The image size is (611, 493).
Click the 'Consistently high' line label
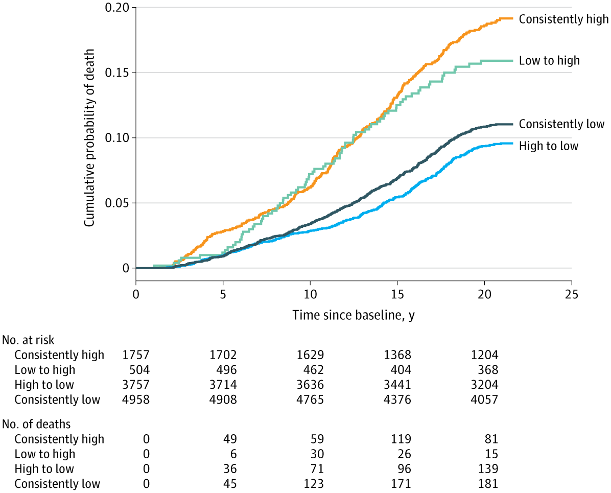563,19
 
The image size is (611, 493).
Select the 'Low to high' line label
549,61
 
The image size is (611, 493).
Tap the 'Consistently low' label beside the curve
561,124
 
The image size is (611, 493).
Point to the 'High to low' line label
549,146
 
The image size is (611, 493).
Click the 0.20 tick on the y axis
118,8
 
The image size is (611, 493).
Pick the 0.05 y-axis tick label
118,203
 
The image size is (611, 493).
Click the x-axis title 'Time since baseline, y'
354,316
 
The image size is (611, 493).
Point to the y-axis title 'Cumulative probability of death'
89,138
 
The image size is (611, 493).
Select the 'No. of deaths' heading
36,424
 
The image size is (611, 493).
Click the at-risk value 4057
484,400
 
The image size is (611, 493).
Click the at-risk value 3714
223,385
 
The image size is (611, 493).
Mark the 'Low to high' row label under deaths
44,454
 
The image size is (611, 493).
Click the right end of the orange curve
512,18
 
